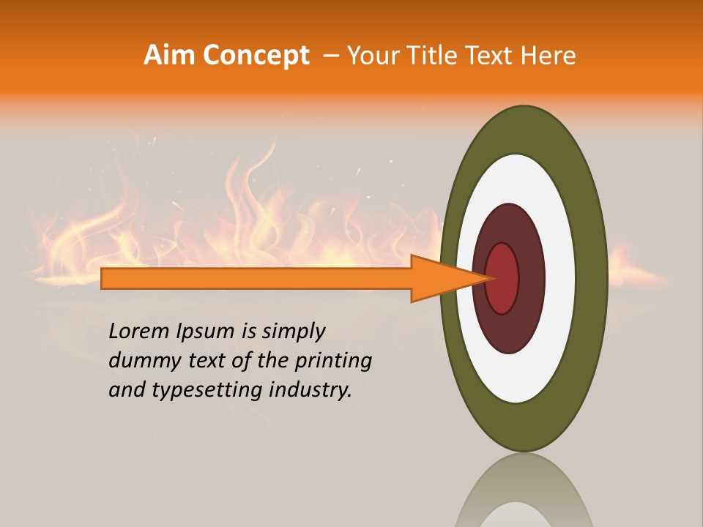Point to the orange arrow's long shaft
pos(256,278)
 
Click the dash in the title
pos(330,56)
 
